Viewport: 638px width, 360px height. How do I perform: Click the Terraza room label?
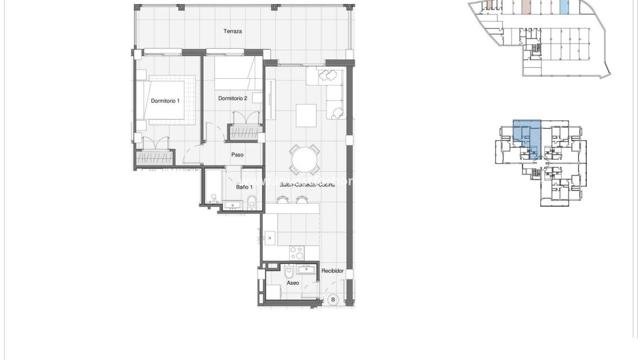coord(232,31)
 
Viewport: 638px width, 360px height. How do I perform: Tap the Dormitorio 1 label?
coord(165,101)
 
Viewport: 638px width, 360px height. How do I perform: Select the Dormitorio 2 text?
coord(232,98)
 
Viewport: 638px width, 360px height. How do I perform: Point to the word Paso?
coord(237,155)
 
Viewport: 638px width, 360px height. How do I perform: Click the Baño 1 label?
coord(243,187)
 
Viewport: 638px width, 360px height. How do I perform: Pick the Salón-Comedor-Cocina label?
coord(307,185)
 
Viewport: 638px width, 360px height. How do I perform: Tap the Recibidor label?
coord(332,270)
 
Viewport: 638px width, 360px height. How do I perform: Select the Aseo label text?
coord(293,283)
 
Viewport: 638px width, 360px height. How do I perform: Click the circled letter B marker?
coord(333,300)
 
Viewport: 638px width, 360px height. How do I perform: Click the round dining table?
coord(305,159)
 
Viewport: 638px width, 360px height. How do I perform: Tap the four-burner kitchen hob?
coord(297,252)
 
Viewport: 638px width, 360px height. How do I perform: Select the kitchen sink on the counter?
coord(270,237)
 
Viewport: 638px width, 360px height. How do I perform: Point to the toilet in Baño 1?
coord(252,202)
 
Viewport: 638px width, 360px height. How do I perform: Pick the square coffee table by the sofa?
coord(306,115)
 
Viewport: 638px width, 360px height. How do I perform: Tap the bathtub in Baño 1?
coord(214,186)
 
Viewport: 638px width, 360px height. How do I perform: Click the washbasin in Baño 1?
coord(233,204)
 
